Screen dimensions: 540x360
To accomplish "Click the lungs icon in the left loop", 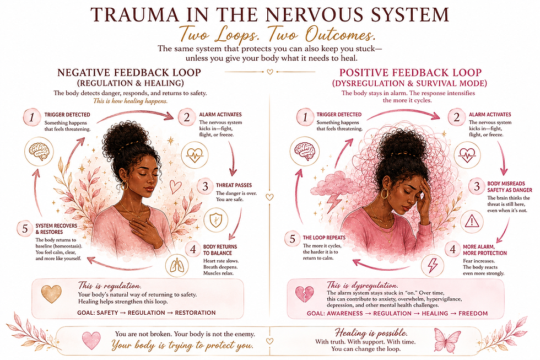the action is (x=177, y=266).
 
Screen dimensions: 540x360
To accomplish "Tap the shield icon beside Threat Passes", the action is (x=216, y=220).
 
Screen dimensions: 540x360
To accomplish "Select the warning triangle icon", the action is (x=472, y=222).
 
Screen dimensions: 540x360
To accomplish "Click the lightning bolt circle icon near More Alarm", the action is (x=432, y=265).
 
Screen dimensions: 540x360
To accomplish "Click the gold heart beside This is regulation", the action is (x=51, y=294).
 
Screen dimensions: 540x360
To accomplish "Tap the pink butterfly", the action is (x=447, y=340).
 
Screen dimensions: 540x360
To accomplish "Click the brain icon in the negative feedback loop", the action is (x=39, y=152).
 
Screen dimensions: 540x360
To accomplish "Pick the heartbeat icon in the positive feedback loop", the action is (x=467, y=155).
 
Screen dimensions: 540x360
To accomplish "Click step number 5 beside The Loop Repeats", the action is (x=293, y=239).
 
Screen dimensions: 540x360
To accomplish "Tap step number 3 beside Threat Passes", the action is (x=205, y=186).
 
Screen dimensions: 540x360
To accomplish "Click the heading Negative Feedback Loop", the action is (x=129, y=73).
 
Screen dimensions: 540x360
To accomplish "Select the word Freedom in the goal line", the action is (x=473, y=314).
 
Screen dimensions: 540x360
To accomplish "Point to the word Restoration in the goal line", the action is (x=195, y=313).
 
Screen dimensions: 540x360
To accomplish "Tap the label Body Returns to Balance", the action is (x=220, y=250).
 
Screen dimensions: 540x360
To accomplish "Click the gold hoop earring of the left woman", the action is (x=125, y=186).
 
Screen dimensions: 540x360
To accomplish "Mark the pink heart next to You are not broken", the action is (x=91, y=340).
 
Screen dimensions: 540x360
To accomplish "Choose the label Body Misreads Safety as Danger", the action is (x=509, y=187).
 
